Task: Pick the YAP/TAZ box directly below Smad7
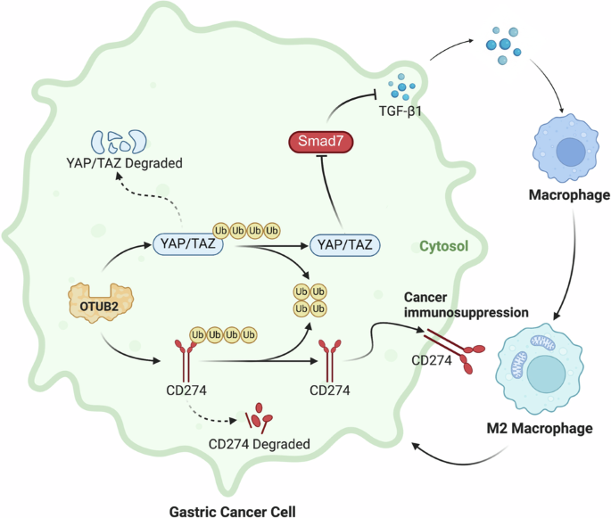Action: coord(344,243)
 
